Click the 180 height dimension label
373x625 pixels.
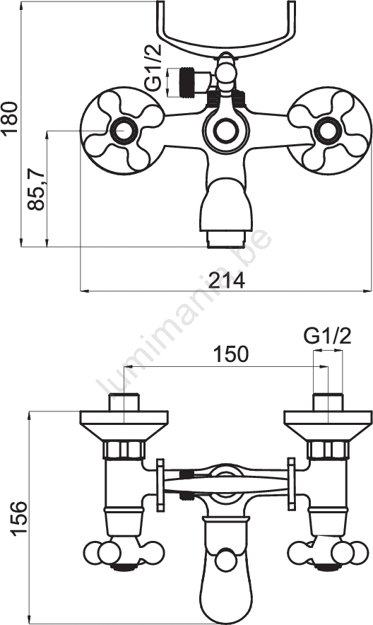pyautogui.click(x=10, y=117)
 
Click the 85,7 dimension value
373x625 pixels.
pyautogui.click(x=36, y=189)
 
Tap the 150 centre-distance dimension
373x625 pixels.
pyautogui.click(x=230, y=354)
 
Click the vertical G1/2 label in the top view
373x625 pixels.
pyautogui.click(x=153, y=67)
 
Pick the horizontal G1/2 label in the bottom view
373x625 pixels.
pyautogui.click(x=328, y=337)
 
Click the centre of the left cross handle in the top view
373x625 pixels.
pyautogui.click(x=122, y=130)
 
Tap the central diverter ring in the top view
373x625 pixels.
pyautogui.click(x=225, y=130)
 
